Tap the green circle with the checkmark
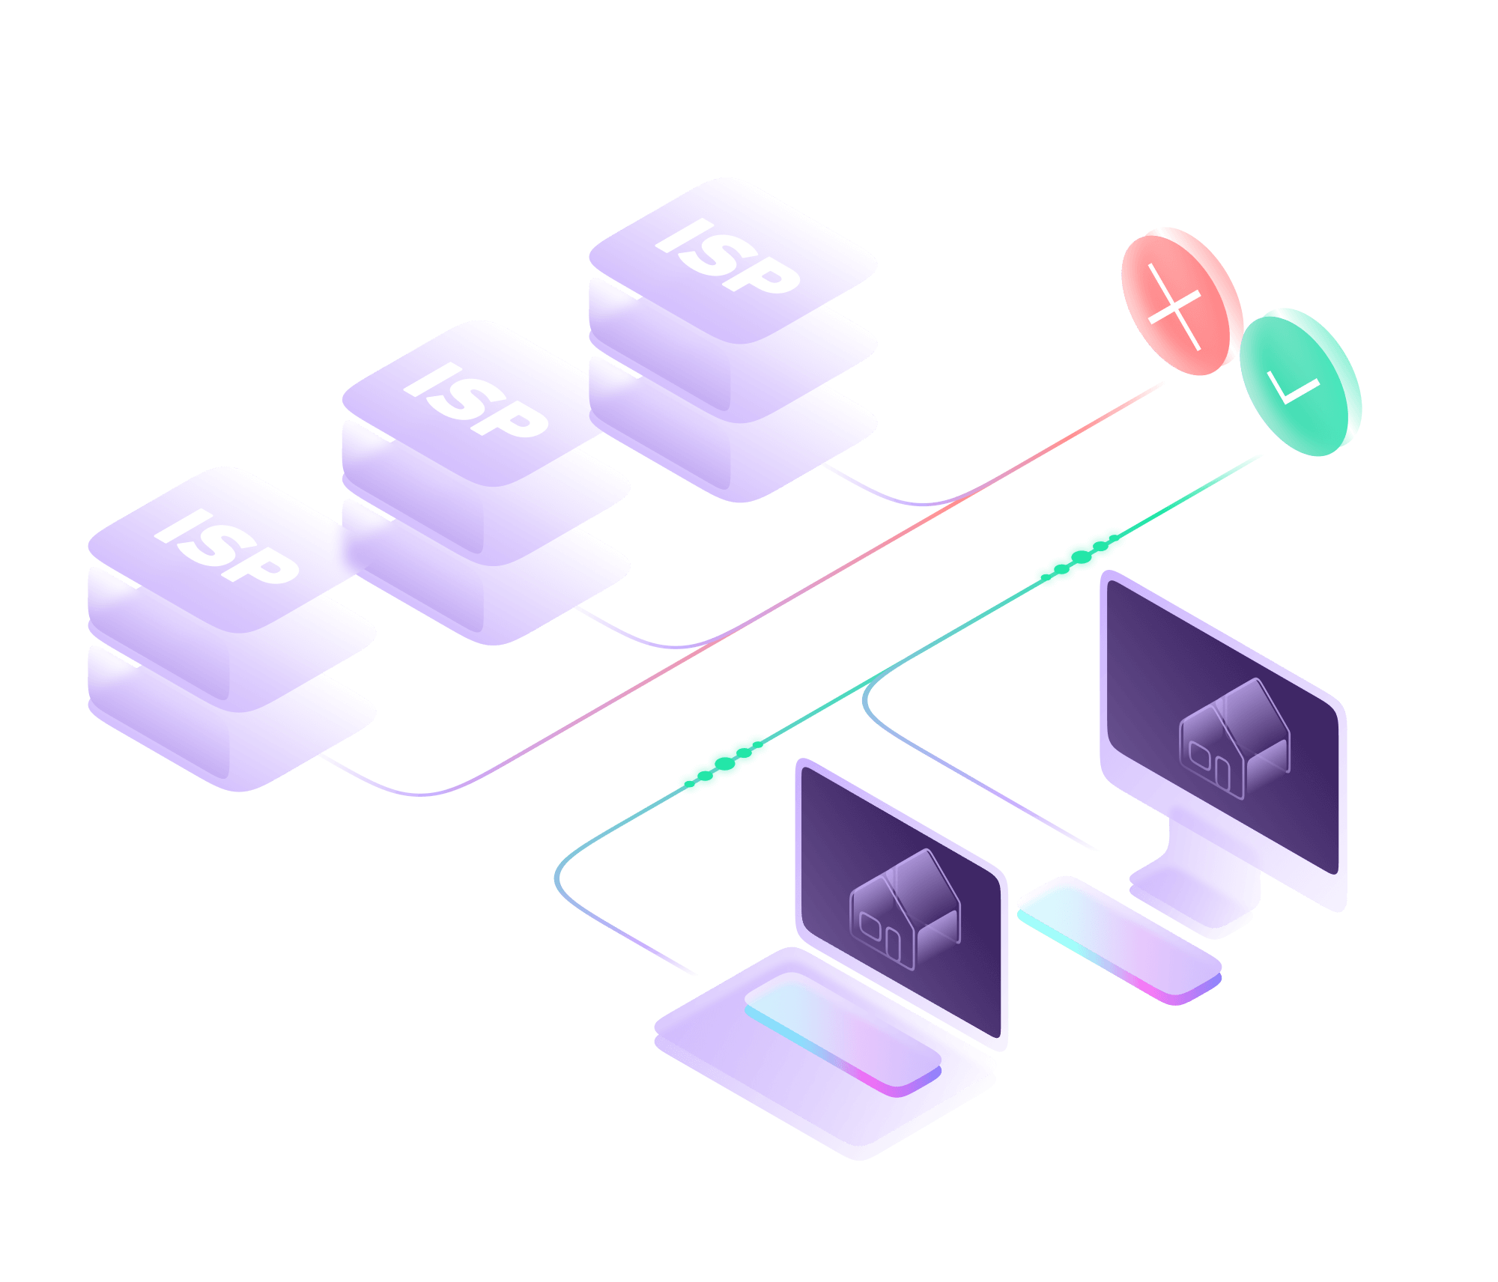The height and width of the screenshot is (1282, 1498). tap(1300, 382)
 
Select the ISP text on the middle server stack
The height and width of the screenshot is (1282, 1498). tap(476, 401)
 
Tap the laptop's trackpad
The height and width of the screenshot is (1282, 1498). tap(843, 1033)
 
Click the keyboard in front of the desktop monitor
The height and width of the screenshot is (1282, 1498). tap(1120, 940)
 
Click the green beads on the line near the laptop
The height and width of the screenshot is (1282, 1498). tap(724, 763)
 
